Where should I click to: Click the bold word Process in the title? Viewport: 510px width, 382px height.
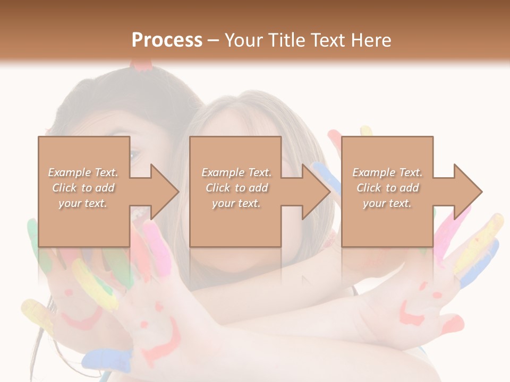(x=167, y=40)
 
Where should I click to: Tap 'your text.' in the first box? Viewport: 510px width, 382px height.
(x=83, y=203)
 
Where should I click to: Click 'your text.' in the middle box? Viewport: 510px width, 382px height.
(x=236, y=203)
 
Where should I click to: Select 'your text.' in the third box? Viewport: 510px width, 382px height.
(x=387, y=203)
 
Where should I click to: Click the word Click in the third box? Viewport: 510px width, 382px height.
(x=369, y=188)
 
